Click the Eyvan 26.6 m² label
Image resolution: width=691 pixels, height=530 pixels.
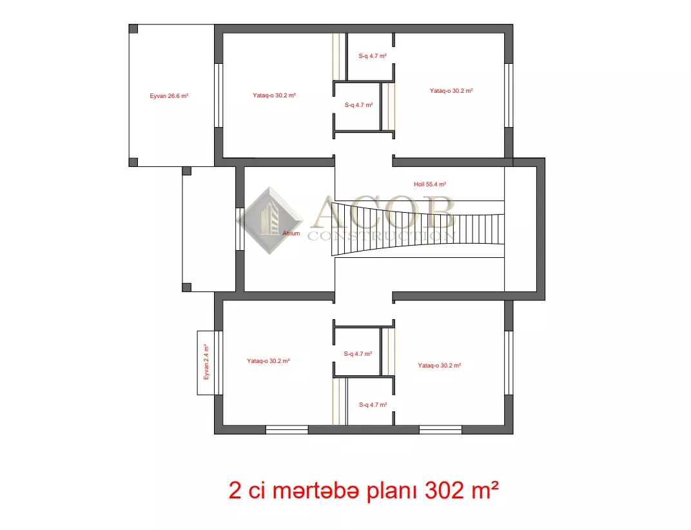click(169, 95)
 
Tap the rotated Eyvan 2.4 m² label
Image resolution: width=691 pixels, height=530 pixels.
click(206, 362)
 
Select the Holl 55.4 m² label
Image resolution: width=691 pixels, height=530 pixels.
click(430, 184)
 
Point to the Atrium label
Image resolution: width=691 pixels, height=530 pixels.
click(291, 233)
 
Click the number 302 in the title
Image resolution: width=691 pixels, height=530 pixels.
click(444, 490)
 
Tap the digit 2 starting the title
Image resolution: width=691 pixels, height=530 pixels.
click(235, 490)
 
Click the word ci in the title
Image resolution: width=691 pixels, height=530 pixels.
click(257, 490)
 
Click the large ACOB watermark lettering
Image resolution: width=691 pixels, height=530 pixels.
click(382, 212)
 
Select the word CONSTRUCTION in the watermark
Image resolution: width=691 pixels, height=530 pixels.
click(381, 236)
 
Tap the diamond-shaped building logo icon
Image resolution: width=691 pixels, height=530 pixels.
click(269, 221)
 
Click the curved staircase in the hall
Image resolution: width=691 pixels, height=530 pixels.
click(417, 228)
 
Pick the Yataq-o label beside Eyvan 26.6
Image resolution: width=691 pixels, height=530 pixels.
click(274, 95)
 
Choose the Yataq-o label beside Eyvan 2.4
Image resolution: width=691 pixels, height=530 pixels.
click(268, 360)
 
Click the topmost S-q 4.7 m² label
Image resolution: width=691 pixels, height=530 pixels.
click(373, 56)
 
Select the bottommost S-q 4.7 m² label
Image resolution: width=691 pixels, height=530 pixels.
click(373, 405)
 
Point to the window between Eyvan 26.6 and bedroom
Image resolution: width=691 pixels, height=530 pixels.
click(218, 95)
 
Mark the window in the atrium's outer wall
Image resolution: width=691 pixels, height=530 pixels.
click(240, 229)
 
